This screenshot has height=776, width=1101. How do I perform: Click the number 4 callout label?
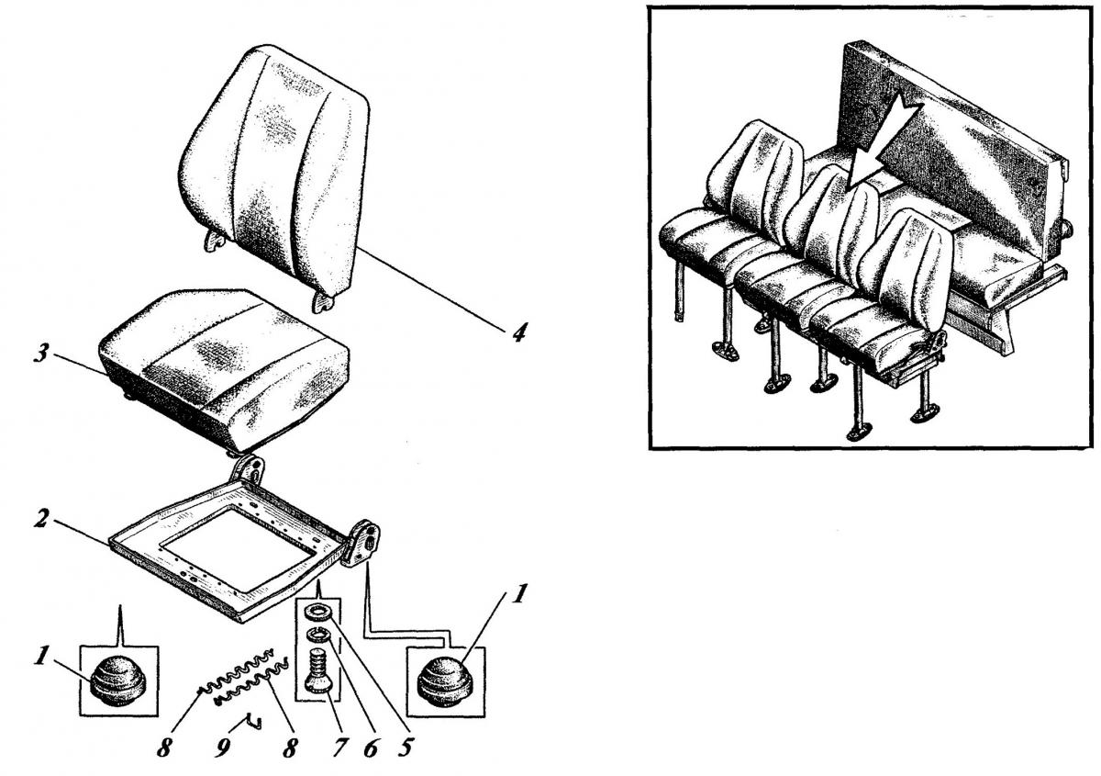518,332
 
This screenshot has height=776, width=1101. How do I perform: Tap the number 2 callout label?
41,520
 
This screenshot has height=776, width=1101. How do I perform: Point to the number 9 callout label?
223,748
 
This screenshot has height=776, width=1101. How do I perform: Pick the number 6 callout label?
370,748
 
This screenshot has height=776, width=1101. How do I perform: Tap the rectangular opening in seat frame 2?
239,548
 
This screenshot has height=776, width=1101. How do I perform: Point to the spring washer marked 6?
317,635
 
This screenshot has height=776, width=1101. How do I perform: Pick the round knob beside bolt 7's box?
445,683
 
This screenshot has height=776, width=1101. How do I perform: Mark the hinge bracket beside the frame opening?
361,544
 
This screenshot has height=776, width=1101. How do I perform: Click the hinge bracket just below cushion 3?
247,470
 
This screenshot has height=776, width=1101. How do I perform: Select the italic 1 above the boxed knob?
518,594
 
